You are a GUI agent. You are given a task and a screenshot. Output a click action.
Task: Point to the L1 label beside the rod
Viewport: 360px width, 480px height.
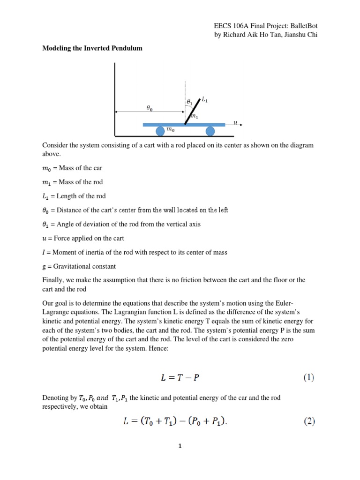[x=204, y=99]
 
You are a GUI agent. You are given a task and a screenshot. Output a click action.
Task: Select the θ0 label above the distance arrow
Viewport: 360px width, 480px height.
[x=149, y=107]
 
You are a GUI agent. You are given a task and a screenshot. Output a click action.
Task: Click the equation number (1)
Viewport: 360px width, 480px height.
[x=307, y=377]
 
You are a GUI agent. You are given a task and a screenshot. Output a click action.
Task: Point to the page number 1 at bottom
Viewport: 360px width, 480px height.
[x=180, y=446]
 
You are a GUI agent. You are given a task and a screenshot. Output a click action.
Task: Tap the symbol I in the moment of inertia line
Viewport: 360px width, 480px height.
[x=44, y=252]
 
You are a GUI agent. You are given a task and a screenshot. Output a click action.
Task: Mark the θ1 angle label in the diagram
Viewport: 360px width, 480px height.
[x=189, y=101]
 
